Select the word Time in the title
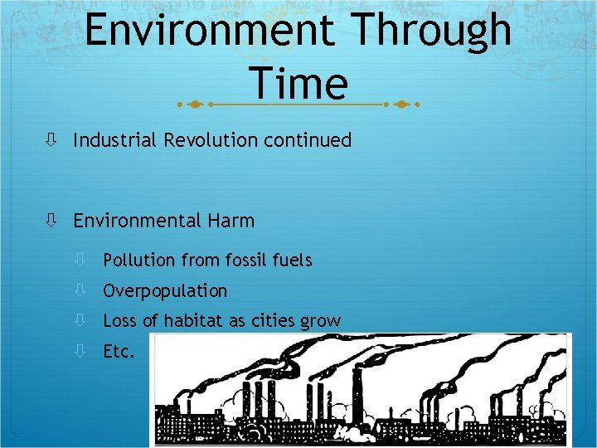click(298, 84)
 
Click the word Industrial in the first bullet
click(115, 140)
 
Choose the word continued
click(308, 140)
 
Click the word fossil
click(248, 261)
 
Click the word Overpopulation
click(165, 291)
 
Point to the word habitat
click(192, 321)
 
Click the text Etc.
click(119, 352)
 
